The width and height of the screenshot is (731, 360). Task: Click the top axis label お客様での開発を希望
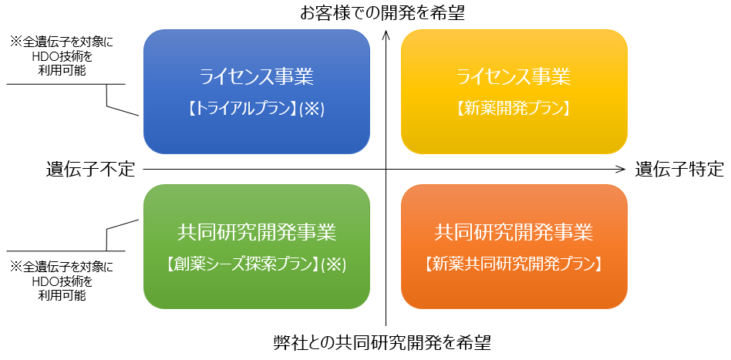382,13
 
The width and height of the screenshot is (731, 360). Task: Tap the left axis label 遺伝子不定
90,170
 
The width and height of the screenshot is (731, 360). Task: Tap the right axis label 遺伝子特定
679,170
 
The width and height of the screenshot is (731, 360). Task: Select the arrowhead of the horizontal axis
620,170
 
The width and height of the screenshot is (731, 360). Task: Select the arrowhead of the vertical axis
386,35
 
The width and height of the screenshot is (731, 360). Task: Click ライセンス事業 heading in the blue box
257,77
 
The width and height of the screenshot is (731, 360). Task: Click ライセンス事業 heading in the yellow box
514,77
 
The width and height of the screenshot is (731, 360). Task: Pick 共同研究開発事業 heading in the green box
257,232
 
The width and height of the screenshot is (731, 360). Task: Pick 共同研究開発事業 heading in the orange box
514,232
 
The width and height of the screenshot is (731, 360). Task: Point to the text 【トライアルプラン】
244,109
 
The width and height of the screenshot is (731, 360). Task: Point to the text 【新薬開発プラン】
514,109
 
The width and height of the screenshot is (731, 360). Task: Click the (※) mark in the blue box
312,109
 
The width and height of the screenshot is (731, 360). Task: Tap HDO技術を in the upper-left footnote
62,56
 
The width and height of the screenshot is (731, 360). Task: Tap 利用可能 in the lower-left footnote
62,296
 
